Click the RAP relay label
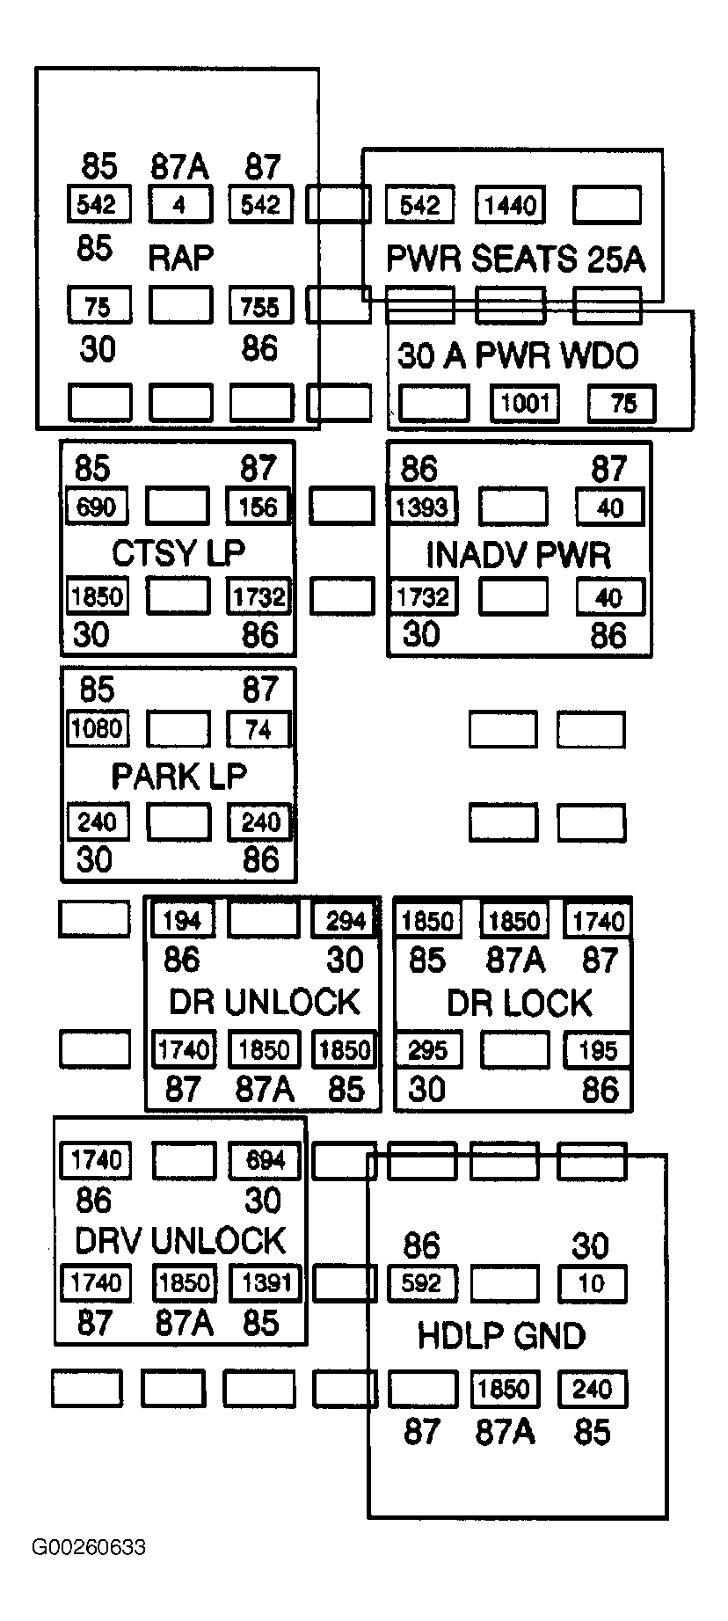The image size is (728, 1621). pyautogui.click(x=180, y=258)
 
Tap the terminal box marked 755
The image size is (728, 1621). pyautogui.click(x=260, y=306)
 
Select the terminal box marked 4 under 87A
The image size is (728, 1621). pyautogui.click(x=179, y=205)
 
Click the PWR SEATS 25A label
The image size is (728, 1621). pyautogui.click(x=516, y=259)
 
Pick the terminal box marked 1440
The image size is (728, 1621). pyautogui.click(x=510, y=205)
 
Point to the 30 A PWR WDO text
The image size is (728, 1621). pyautogui.click(x=518, y=356)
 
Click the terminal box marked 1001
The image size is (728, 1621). pyautogui.click(x=525, y=403)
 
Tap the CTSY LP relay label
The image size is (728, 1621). pyautogui.click(x=178, y=553)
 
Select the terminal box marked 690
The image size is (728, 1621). pyautogui.click(x=97, y=507)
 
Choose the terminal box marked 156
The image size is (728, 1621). pyautogui.click(x=258, y=507)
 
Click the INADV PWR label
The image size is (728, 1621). pyautogui.click(x=518, y=555)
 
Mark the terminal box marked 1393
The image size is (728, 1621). pyautogui.click(x=423, y=507)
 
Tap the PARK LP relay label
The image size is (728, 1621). pyautogui.click(x=179, y=776)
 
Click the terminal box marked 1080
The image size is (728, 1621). pyautogui.click(x=98, y=728)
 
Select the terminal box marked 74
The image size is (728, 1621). pyautogui.click(x=258, y=729)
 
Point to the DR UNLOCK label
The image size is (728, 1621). pyautogui.click(x=265, y=1002)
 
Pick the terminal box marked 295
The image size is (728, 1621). pyautogui.click(x=427, y=1050)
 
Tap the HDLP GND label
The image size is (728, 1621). pyautogui.click(x=501, y=1336)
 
